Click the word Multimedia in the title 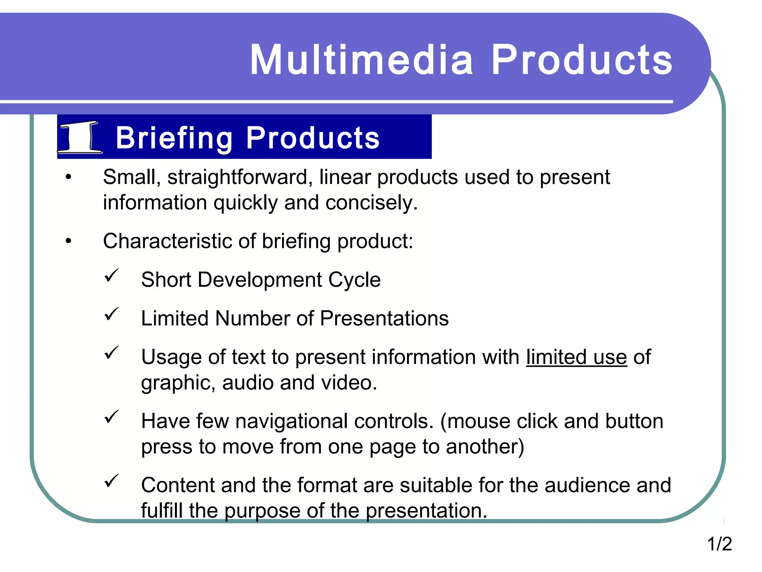[361, 60]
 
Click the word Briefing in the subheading [174, 138]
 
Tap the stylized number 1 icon [80, 137]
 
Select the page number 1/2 [719, 544]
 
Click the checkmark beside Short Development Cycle [111, 276]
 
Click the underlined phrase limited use [576, 357]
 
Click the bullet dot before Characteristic [68, 241]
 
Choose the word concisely [371, 203]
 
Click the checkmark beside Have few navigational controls [111, 417]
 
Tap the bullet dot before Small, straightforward [68, 177]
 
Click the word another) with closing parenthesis [485, 447]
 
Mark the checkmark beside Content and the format [111, 481]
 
